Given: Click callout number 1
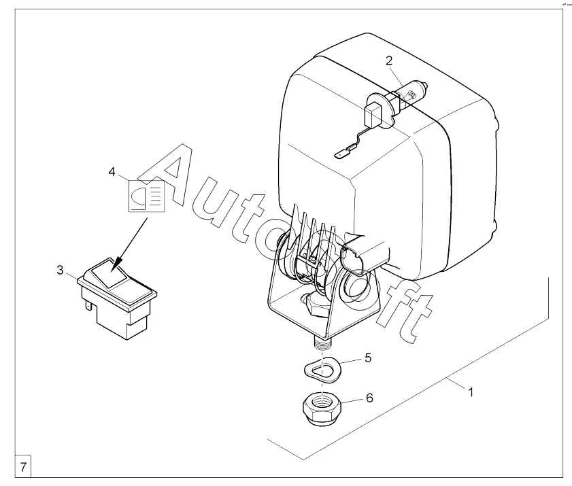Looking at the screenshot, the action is coord(471,392).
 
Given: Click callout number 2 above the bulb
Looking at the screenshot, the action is coord(389,61).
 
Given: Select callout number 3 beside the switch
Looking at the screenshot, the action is coord(60,270).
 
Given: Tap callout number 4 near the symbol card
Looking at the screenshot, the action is coord(112,171).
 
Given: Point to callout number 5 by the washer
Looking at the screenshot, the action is coord(368,358).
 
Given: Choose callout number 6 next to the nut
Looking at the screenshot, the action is coord(369,398).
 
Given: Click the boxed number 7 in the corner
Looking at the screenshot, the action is coord(23,467).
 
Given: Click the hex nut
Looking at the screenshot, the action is coord(322,409).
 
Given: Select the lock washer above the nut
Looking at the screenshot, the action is coord(322,370).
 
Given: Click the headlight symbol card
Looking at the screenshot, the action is coord(147,196).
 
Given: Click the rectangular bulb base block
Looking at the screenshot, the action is coord(372,114).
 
